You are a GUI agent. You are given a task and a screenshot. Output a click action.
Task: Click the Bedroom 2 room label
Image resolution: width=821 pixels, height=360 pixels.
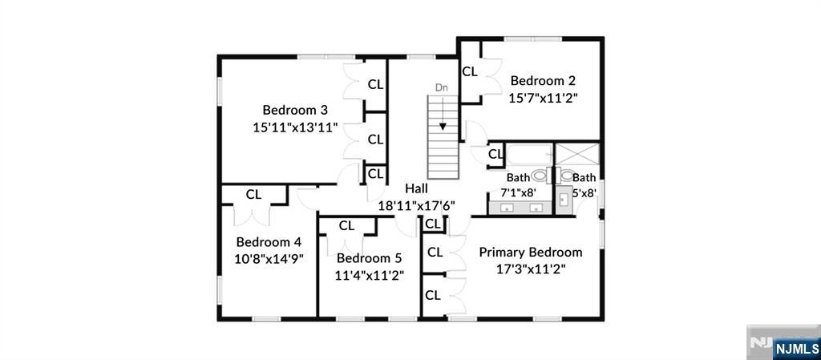coord(543,80)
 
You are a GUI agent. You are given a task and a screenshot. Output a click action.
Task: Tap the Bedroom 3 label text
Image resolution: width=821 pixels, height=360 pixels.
coord(295,110)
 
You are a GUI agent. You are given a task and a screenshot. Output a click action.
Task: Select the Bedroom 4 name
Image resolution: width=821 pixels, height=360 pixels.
coord(268,241)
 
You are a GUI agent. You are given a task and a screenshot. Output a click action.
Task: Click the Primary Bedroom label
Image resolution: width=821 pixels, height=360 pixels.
coord(531,252)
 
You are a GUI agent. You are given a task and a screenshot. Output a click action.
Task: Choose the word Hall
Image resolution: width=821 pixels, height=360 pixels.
coord(416,188)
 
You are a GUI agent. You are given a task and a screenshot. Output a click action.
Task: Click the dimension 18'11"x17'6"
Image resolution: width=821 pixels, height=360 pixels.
coord(416,205)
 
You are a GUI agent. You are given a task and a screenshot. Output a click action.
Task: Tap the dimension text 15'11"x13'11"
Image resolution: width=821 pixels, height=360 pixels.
coord(295,127)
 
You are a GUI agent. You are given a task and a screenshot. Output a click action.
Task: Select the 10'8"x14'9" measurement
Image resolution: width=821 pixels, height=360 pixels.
coord(268,258)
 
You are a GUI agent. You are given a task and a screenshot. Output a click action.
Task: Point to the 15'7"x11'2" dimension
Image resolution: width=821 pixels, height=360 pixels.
coord(543,98)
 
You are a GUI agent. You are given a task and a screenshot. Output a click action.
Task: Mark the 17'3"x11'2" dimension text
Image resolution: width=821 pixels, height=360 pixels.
coord(531,269)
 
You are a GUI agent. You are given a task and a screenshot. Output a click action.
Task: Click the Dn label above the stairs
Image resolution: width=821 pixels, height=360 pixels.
coord(441,87)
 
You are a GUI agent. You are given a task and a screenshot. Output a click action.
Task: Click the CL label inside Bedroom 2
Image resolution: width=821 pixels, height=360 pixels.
coord(470,71)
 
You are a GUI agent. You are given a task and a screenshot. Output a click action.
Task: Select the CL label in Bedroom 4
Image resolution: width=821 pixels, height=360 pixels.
coord(253,194)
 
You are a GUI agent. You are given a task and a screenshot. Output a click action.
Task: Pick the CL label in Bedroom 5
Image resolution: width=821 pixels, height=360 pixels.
coord(346,226)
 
